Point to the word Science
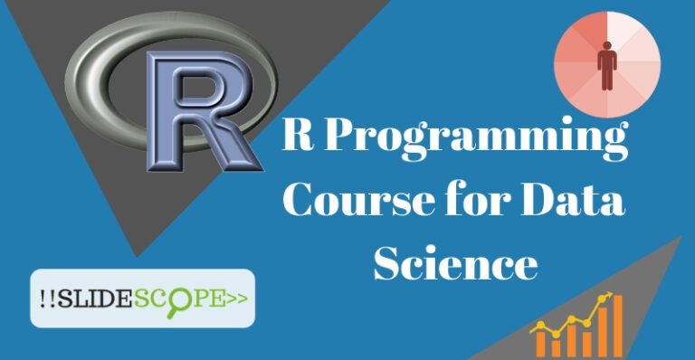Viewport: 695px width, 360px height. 456,262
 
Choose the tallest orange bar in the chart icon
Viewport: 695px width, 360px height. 618,325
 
